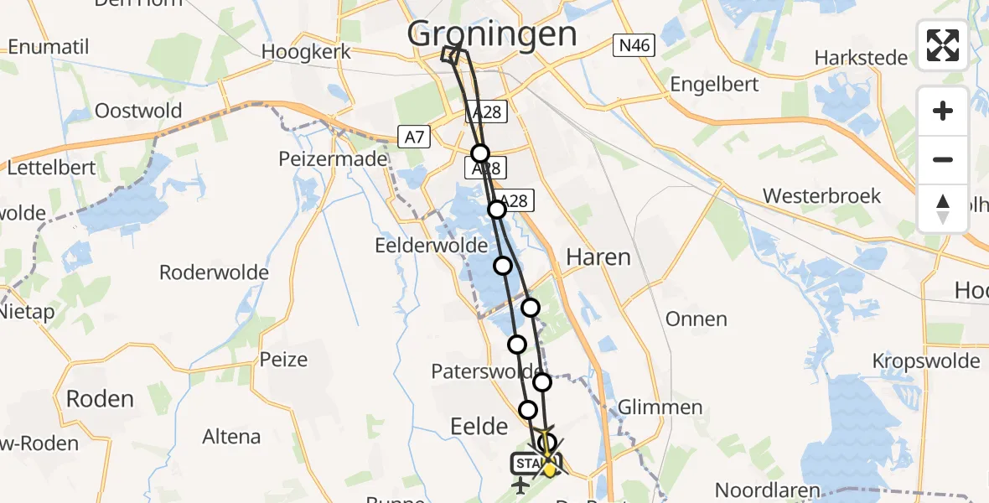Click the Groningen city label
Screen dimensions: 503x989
[492, 34]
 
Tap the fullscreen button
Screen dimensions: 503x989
[943, 45]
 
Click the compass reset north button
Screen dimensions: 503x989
[943, 209]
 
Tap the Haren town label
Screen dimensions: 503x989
[598, 257]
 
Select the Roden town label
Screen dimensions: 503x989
[99, 398]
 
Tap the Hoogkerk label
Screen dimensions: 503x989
[303, 51]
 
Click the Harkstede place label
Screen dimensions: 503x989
[861, 58]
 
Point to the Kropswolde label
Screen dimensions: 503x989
[925, 360]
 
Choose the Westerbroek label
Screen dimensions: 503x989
[821, 196]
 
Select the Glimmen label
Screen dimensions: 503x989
[660, 407]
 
